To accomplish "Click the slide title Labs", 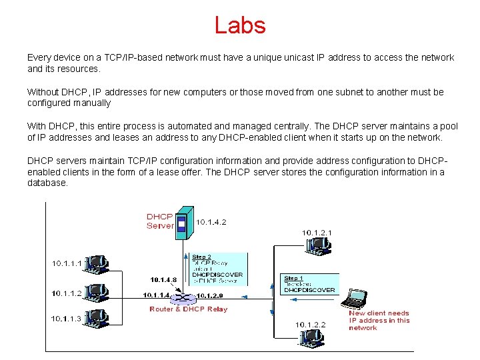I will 240,25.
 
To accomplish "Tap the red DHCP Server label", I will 160,221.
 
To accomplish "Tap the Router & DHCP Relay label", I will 189,309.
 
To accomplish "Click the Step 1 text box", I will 309,284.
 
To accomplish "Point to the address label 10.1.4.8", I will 164,279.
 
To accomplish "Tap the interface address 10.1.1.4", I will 156,295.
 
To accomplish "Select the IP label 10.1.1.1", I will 67,263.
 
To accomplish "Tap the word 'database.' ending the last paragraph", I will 47,183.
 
